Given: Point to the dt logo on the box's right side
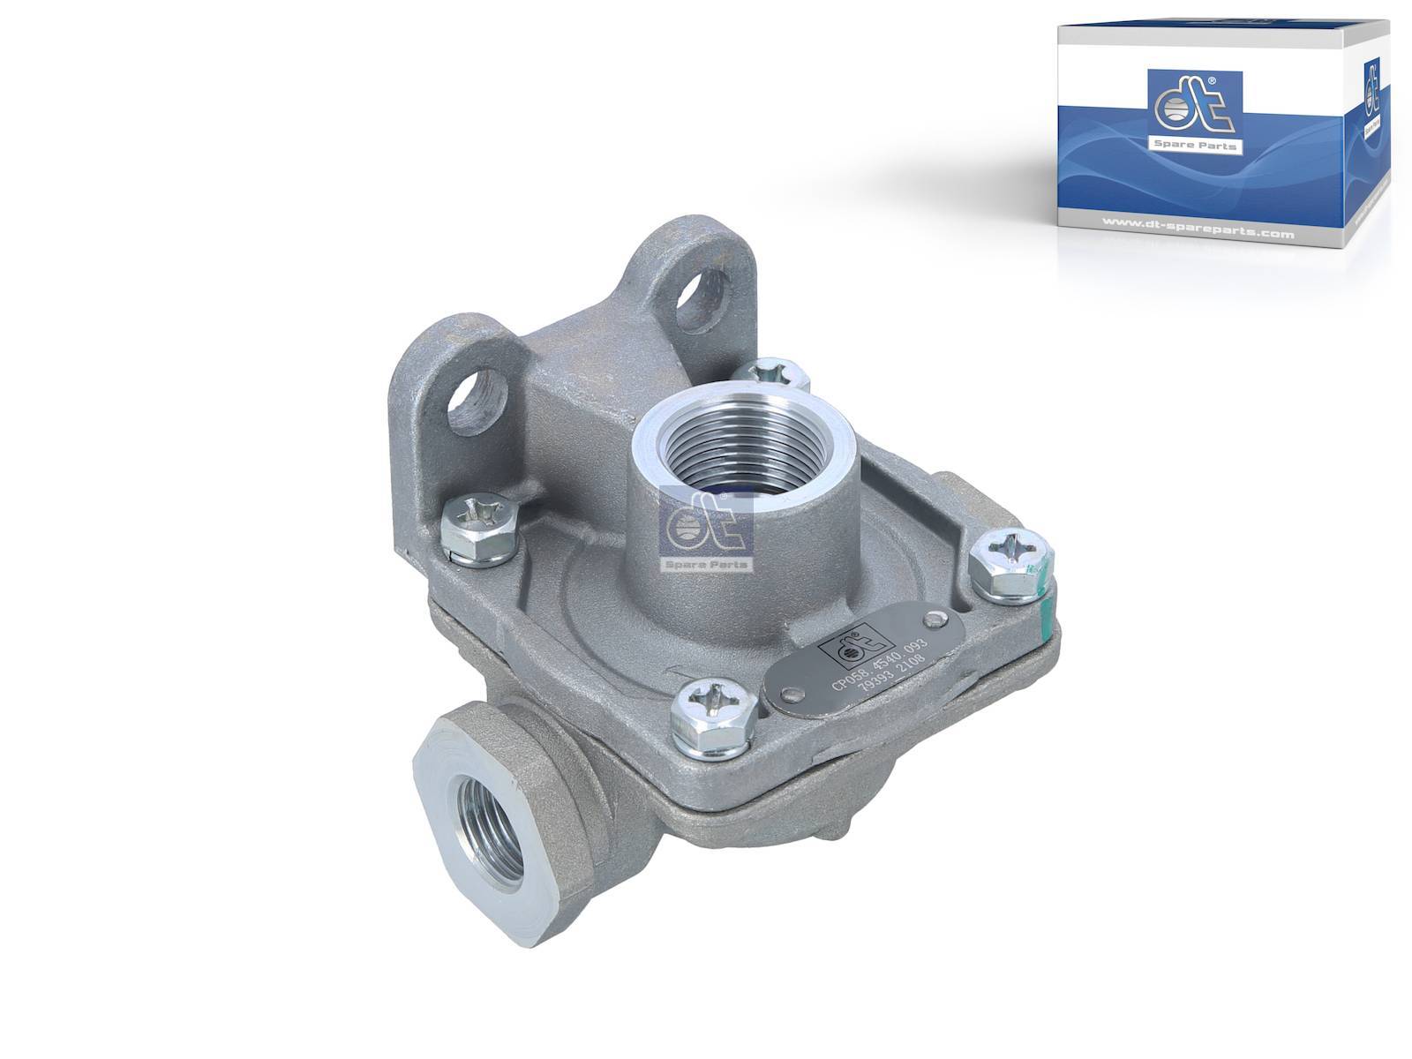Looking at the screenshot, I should click(1372, 97).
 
